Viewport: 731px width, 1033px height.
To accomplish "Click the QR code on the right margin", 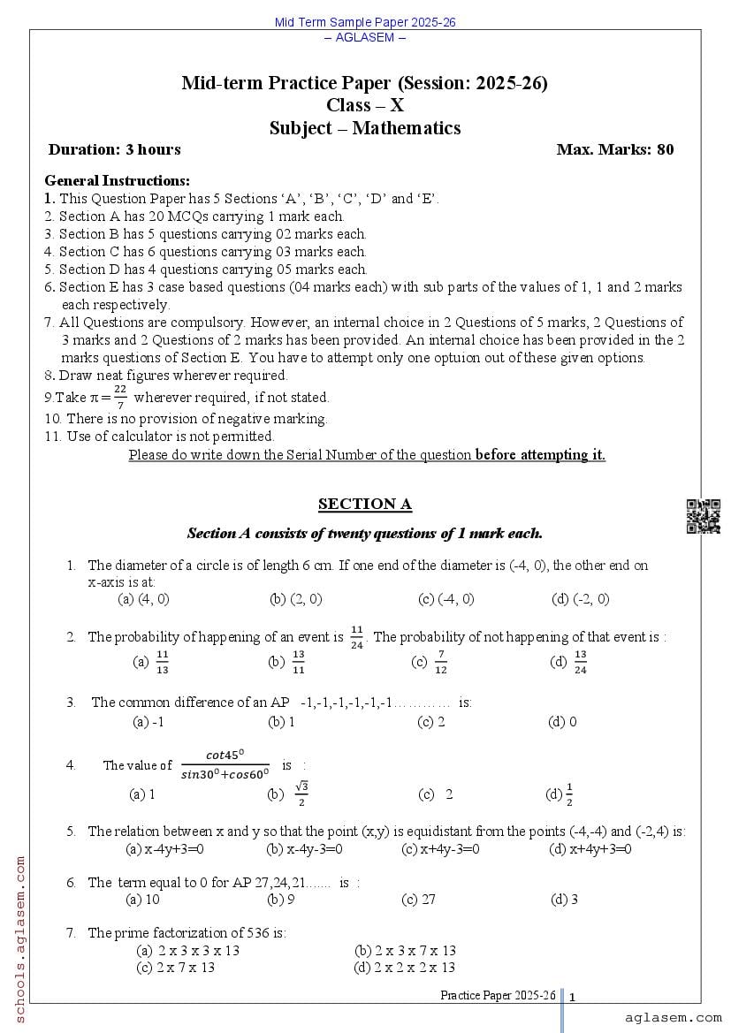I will [x=703, y=516].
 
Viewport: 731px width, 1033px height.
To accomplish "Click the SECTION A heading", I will [x=364, y=505].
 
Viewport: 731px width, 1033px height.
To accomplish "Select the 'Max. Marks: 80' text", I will [x=614, y=149].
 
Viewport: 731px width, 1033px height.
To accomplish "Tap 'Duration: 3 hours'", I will [x=114, y=149].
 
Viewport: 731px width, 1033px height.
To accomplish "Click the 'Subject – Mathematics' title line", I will [x=364, y=128].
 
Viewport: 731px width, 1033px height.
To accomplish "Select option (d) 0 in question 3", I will [x=562, y=722].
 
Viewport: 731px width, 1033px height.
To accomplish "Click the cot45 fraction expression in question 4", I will [x=225, y=764].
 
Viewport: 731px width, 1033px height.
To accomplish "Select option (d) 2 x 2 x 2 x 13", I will [x=405, y=968].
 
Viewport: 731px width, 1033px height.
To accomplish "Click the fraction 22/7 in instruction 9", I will [x=120, y=397].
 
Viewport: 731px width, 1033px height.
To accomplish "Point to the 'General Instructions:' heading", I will [x=117, y=180].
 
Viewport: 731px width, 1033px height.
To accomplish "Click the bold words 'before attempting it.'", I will [x=540, y=455].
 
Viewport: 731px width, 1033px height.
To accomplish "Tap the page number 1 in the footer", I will [x=572, y=997].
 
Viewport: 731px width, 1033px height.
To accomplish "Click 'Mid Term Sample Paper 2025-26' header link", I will [x=364, y=22].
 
